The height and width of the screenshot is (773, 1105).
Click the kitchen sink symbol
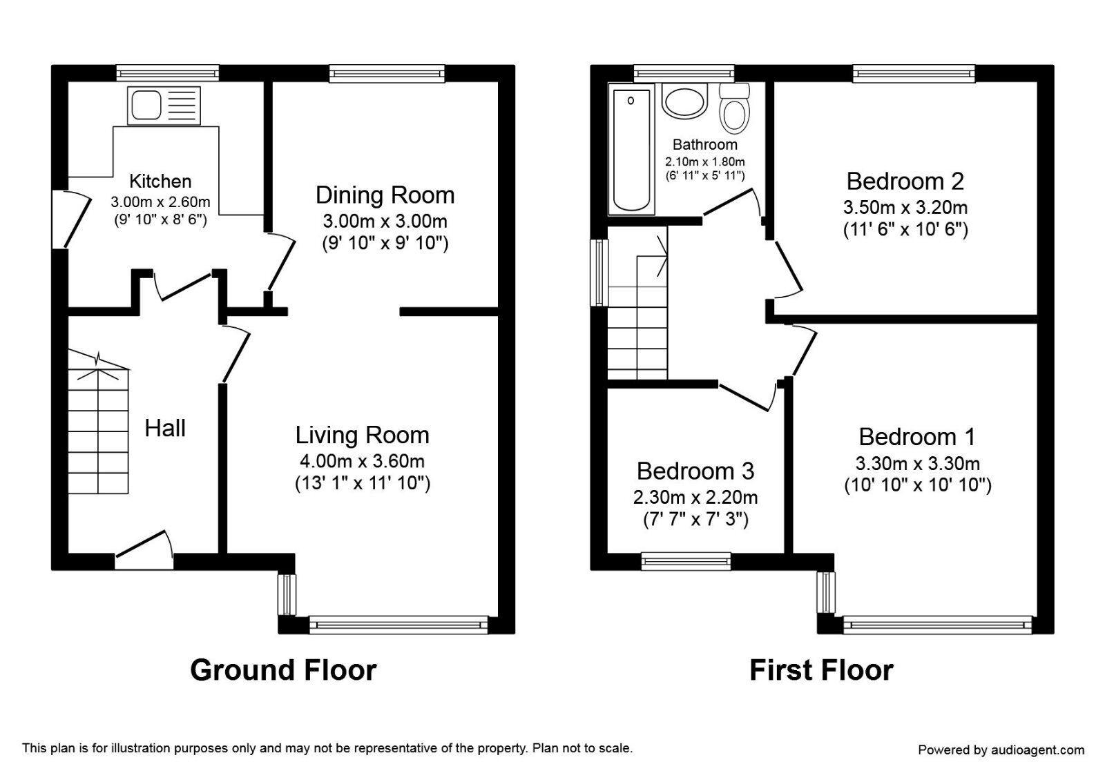(164, 106)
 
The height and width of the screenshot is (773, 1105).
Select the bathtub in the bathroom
(631, 150)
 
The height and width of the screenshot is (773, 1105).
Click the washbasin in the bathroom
(684, 101)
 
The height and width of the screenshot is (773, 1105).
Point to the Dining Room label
(385, 195)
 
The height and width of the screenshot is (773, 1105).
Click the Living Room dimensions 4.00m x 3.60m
(362, 461)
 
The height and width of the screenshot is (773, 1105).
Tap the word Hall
(165, 429)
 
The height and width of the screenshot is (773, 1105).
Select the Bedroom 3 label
(695, 471)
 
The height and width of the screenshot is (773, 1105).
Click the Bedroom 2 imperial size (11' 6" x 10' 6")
(905, 230)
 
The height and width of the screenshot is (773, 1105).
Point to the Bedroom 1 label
(917, 437)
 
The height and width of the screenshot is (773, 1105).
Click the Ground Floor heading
(283, 670)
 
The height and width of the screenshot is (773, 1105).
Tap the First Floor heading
(821, 670)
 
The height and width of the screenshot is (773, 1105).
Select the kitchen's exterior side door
(70, 218)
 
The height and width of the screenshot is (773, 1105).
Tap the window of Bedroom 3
(686, 561)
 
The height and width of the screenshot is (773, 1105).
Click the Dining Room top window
(387, 72)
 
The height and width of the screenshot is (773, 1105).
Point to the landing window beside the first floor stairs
(599, 272)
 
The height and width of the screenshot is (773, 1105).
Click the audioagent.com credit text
(1001, 750)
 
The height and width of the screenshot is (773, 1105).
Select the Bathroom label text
(704, 145)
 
